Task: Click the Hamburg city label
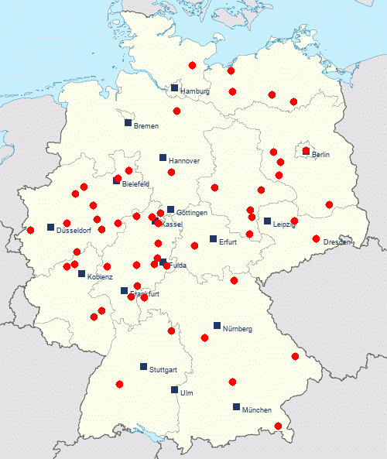[x=196, y=91]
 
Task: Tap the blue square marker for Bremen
[x=128, y=122]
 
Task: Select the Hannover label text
[x=184, y=161]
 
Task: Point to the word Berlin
[x=321, y=155]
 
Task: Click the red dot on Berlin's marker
[x=307, y=150]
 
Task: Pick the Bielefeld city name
[x=135, y=184]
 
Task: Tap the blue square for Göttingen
[x=170, y=209]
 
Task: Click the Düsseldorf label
[x=74, y=231]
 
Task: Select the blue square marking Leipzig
[x=267, y=221]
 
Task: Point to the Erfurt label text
[x=227, y=241]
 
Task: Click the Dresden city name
[x=337, y=242]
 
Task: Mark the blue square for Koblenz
[x=81, y=273]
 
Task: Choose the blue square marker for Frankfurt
[x=124, y=291]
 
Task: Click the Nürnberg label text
[x=238, y=329]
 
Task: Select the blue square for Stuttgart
[x=143, y=366]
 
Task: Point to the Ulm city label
[x=187, y=393]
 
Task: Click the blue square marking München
[x=236, y=406]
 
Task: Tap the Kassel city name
[x=172, y=224]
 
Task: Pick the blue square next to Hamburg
[x=175, y=87]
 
